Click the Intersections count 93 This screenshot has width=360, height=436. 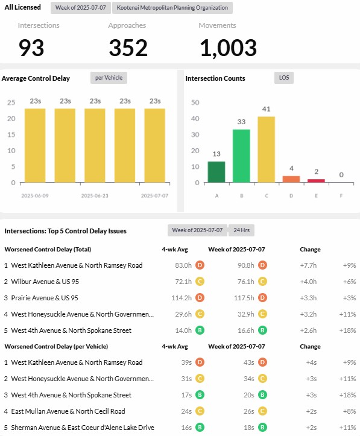31,48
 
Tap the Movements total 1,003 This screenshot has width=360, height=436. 228,48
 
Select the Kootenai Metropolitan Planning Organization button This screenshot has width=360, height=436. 172,8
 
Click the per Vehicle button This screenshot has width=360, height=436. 109,78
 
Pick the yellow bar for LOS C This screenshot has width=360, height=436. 267,150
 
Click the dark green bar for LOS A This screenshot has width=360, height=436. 216,172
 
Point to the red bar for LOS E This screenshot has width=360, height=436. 316,181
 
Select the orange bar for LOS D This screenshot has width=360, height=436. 291,179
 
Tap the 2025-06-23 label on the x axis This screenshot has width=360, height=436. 95,196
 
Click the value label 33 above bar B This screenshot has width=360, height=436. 241,122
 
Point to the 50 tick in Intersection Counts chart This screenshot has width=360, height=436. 195,103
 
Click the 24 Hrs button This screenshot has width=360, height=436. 241,230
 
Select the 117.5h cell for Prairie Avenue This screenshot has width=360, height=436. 244,298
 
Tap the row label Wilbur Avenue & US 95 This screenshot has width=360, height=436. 45,282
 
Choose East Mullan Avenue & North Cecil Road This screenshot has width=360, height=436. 68,411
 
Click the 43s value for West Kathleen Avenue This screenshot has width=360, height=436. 249,362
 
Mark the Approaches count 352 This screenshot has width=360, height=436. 128,48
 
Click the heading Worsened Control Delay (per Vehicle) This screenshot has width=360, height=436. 57,347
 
